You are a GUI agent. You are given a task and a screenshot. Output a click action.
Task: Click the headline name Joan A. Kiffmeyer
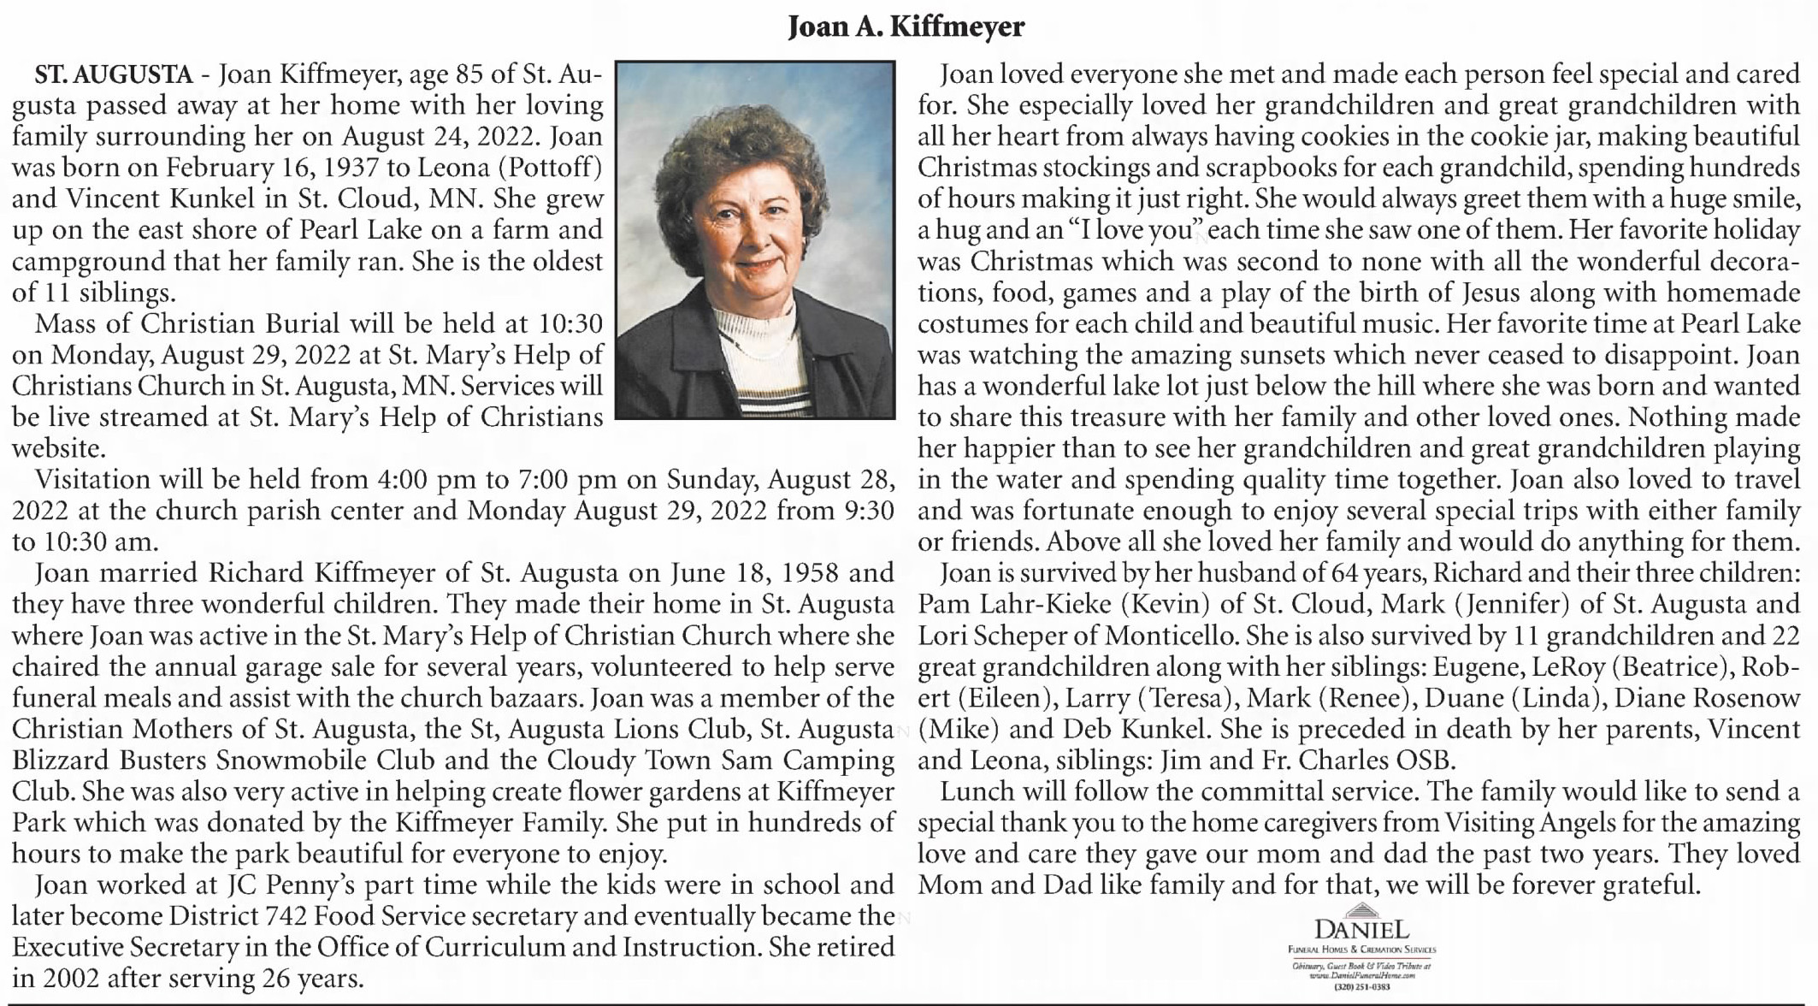(906, 28)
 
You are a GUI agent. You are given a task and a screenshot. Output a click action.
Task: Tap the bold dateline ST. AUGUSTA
(113, 75)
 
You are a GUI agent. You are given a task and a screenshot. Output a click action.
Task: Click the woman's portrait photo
(754, 240)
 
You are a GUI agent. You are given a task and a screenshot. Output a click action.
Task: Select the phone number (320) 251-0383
(1361, 987)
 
